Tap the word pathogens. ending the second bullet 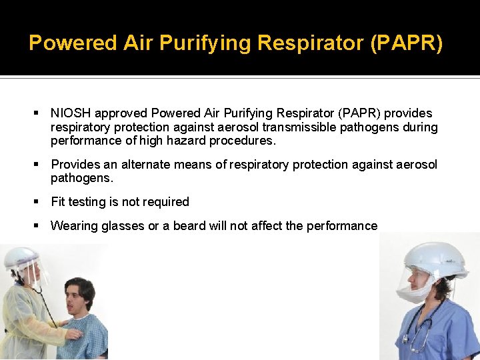[x=82, y=179]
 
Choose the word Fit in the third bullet [x=59, y=202]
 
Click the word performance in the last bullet [x=341, y=226]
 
